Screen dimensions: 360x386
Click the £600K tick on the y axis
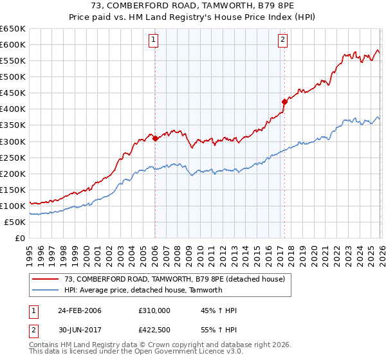(x=12, y=44)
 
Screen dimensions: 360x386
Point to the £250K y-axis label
(x=12, y=157)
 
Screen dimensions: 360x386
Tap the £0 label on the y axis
(x=20, y=238)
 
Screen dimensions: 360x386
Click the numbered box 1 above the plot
(x=154, y=40)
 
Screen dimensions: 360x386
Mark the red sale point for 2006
(x=156, y=138)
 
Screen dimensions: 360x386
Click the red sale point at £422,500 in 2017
(x=284, y=102)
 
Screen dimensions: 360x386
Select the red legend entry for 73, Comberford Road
(x=178, y=278)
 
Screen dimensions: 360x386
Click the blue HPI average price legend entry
(x=143, y=290)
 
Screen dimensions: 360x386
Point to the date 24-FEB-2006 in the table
(x=80, y=310)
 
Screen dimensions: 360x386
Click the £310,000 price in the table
(x=154, y=310)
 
